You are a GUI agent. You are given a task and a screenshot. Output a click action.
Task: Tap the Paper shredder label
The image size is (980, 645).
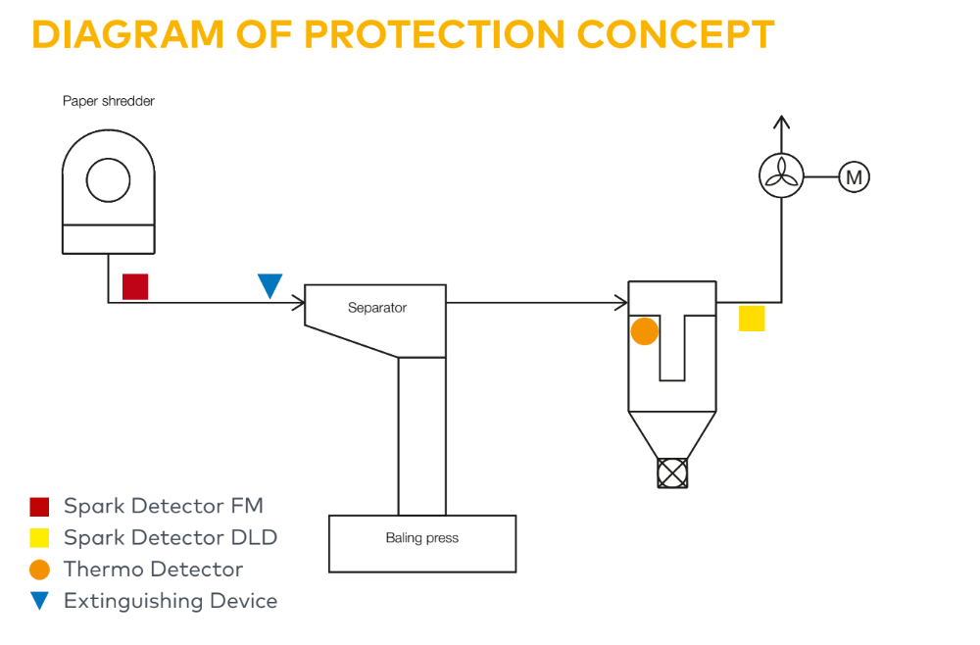(109, 101)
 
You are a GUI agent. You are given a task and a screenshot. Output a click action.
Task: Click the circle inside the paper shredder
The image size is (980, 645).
(108, 179)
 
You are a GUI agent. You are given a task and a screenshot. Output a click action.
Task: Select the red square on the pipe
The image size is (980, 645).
(135, 286)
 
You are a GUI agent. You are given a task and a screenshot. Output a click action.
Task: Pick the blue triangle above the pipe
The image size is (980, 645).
(269, 285)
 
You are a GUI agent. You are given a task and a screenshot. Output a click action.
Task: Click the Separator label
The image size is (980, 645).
(377, 308)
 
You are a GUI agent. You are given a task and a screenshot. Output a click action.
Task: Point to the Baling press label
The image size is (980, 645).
(422, 538)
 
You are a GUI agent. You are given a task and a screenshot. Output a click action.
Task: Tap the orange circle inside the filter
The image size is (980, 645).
(645, 331)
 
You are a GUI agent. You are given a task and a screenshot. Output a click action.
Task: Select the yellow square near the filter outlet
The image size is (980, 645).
(752, 319)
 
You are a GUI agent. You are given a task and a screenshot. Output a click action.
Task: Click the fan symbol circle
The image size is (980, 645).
(781, 176)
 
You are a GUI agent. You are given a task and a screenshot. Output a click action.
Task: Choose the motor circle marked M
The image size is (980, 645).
(854, 177)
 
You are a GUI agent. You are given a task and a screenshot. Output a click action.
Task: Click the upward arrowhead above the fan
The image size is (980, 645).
(781, 122)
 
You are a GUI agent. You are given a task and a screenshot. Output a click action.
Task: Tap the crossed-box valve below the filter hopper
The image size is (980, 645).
(672, 473)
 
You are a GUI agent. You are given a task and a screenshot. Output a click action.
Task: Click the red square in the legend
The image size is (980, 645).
(39, 507)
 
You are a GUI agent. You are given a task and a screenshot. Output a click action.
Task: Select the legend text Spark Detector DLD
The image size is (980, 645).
(171, 537)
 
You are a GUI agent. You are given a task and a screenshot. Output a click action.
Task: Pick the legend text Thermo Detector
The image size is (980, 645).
(153, 570)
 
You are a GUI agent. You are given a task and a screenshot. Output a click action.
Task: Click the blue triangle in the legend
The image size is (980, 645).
(39, 601)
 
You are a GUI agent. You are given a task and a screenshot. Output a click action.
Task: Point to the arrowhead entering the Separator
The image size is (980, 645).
(298, 303)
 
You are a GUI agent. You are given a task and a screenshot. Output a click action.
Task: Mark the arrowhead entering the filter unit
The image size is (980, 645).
(621, 302)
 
